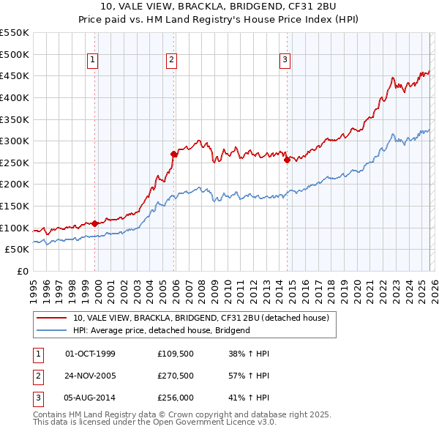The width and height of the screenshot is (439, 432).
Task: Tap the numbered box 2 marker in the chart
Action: [x=171, y=61]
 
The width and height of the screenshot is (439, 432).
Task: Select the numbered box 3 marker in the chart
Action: [x=285, y=61]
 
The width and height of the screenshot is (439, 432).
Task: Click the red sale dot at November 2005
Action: [x=174, y=154]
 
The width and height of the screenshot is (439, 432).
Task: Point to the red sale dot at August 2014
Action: [x=287, y=160]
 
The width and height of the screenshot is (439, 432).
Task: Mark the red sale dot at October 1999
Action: [x=95, y=223]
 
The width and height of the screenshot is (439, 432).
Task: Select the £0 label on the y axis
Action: [x=22, y=271]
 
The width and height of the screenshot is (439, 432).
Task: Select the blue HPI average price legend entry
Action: [x=161, y=330]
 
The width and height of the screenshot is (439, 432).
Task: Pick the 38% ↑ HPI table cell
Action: [x=249, y=354]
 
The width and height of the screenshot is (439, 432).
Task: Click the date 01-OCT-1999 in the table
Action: [x=90, y=354]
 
